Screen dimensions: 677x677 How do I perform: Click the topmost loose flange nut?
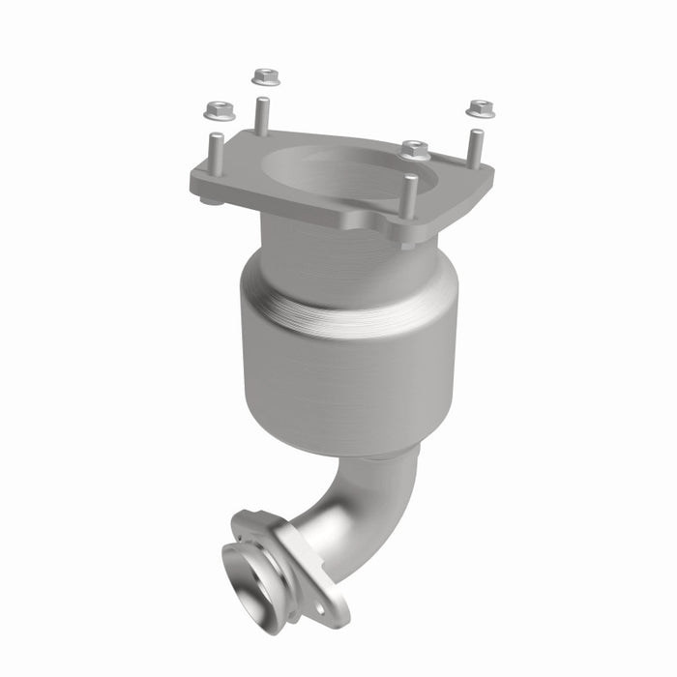(x=265, y=76)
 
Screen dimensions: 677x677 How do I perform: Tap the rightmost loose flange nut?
(x=480, y=108)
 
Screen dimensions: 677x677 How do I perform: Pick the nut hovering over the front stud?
(x=415, y=150)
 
